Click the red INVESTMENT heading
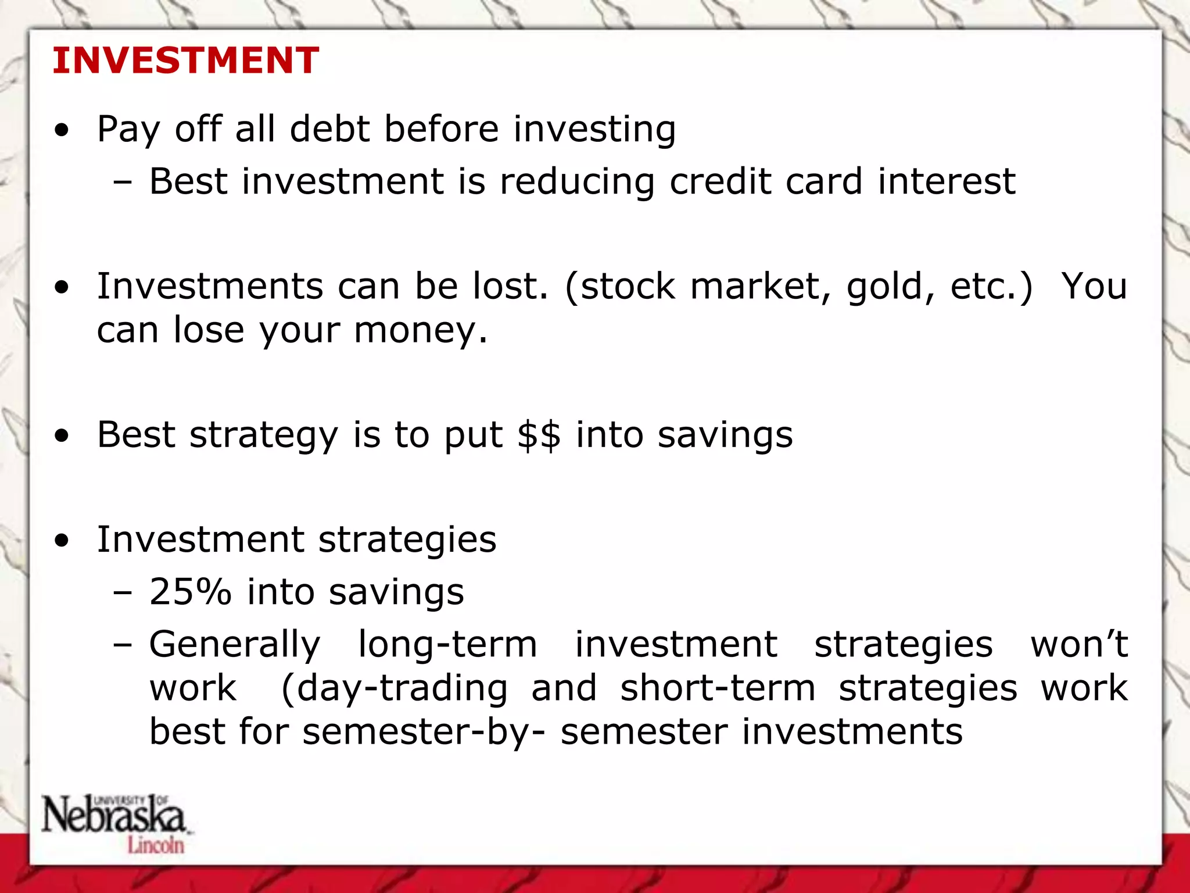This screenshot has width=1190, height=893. (185, 60)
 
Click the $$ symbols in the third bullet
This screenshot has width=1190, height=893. (539, 435)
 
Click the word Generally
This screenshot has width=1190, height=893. (235, 645)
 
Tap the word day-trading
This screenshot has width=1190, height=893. (395, 689)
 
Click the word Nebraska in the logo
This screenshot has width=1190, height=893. (113, 815)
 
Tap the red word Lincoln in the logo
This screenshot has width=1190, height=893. (156, 845)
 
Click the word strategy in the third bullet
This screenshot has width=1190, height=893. (264, 436)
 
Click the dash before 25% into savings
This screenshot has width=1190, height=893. (123, 593)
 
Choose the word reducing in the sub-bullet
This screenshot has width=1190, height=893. (577, 182)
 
